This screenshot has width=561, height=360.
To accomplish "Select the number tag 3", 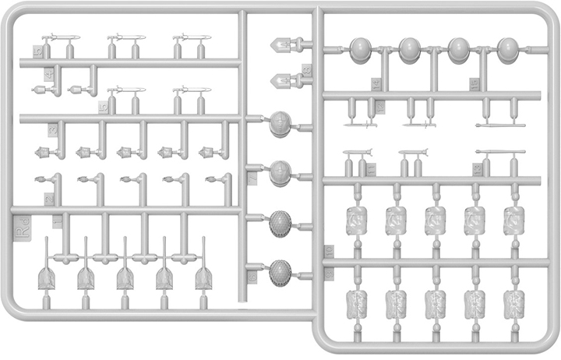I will (x=52, y=130).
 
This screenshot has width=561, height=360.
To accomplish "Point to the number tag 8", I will (x=306, y=70).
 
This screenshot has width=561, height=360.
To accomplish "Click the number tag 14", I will (x=377, y=85).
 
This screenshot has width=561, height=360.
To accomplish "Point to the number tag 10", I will (x=329, y=252).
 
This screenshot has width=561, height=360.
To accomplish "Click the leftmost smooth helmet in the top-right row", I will (x=361, y=50).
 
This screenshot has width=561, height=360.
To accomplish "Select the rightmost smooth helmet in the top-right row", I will (x=508, y=50).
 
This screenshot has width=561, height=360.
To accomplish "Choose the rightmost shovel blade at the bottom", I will (x=204, y=277).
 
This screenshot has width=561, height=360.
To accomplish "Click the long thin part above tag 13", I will (x=495, y=152).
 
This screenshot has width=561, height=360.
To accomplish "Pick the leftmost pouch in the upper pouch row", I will (x=356, y=221).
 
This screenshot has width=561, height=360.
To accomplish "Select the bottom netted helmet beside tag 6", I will (x=279, y=272).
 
